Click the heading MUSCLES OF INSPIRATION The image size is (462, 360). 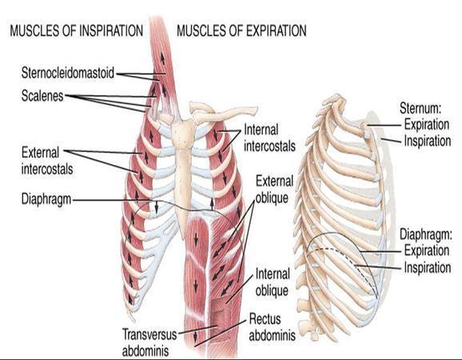pyautogui.click(x=77, y=30)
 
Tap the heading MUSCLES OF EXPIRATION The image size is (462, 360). pyautogui.click(x=241, y=30)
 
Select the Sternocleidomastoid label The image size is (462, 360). pyautogui.click(x=68, y=73)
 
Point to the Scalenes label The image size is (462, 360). pyautogui.click(x=42, y=96)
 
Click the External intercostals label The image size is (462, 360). pyautogui.click(x=47, y=161)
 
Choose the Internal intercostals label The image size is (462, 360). pyautogui.click(x=269, y=138)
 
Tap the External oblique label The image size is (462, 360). pyautogui.click(x=274, y=190)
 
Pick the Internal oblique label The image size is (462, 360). pyautogui.click(x=272, y=282)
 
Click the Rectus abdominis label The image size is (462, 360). pyautogui.click(x=272, y=327)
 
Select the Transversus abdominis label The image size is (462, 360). pyautogui.click(x=149, y=342)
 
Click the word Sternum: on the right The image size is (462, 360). pyautogui.click(x=420, y=108)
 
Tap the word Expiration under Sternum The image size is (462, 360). pyautogui.click(x=427, y=125)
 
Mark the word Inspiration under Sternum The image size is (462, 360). pyautogui.click(x=428, y=141)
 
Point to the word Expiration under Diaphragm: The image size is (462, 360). pyautogui.click(x=427, y=250)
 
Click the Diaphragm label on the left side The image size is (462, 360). pyautogui.click(x=46, y=200)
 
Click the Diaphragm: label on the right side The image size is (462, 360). pyautogui.click(x=426, y=234)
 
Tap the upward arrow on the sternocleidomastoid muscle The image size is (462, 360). pyautogui.click(x=162, y=58)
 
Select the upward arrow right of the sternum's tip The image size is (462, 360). pyautogui.click(x=212, y=204)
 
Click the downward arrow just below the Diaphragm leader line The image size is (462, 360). pyautogui.click(x=157, y=207)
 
